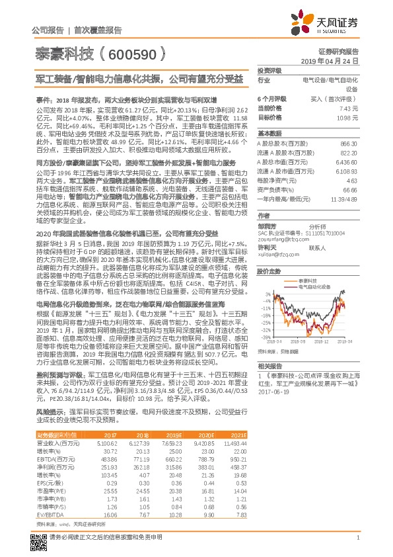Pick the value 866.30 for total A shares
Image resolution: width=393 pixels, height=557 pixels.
pyautogui.click(x=349, y=144)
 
